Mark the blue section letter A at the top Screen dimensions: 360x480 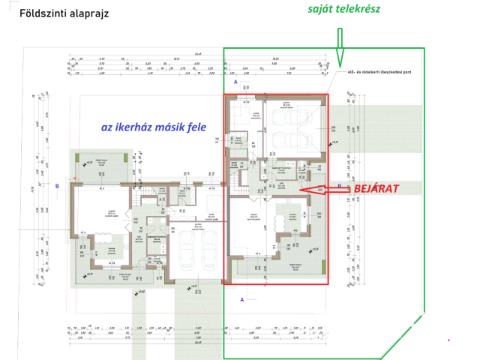235,80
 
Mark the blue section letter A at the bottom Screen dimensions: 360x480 241,298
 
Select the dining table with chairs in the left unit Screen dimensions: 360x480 101,246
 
